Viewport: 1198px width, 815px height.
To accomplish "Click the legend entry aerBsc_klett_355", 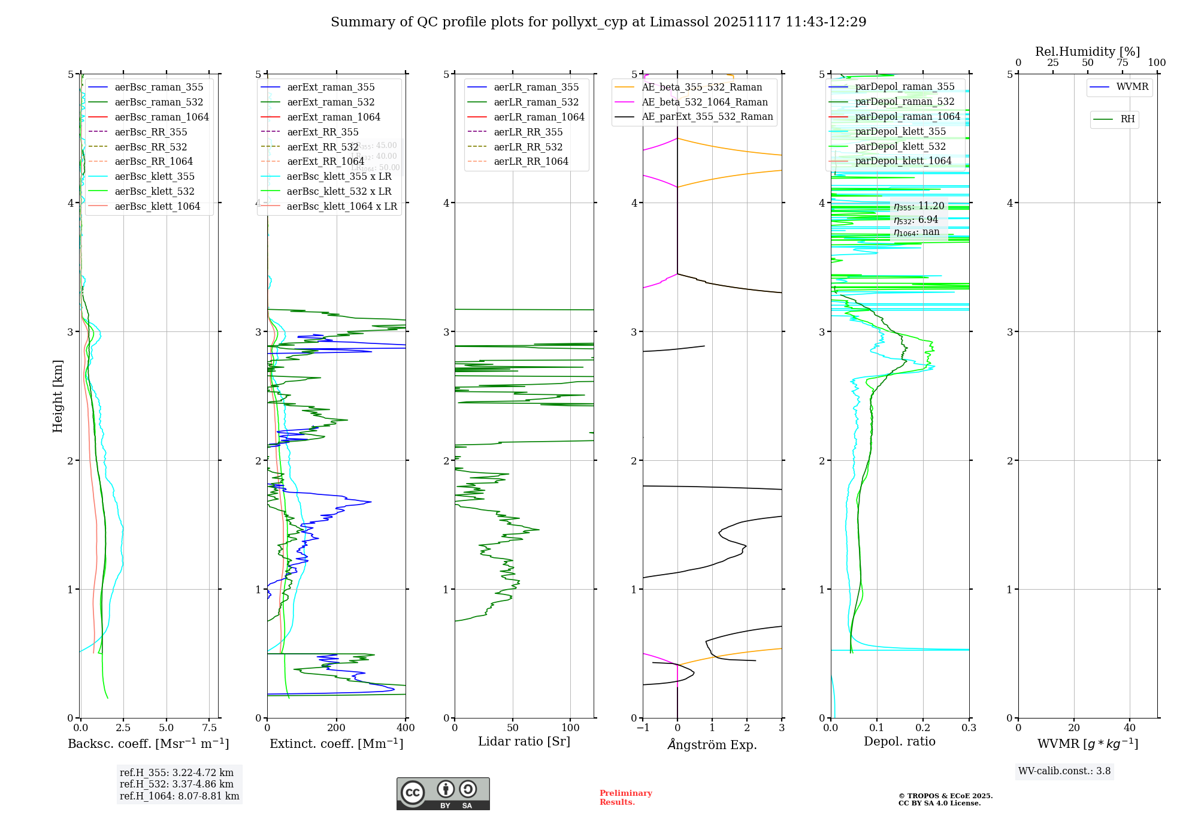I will pyautogui.click(x=154, y=176).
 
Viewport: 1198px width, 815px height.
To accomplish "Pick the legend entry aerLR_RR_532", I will pyautogui.click(x=528, y=147).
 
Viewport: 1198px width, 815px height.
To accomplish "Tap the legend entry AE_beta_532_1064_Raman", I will pyautogui.click(x=704, y=102).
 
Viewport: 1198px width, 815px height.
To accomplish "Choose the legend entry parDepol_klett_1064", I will pyautogui.click(x=903, y=161).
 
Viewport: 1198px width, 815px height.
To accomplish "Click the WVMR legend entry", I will pyautogui.click(x=1132, y=87).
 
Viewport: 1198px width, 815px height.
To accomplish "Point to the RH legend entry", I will pyautogui.click(x=1127, y=119).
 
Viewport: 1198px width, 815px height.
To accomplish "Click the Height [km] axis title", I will pyautogui.click(x=58, y=396).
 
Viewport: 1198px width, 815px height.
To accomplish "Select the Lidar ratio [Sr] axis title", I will pyautogui.click(x=524, y=741).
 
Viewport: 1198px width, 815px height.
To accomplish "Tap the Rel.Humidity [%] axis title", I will pyautogui.click(x=1087, y=52).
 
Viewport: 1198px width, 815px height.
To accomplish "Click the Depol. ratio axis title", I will pyautogui.click(x=899, y=741).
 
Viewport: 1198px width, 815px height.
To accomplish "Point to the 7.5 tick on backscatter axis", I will pyautogui.click(x=209, y=728).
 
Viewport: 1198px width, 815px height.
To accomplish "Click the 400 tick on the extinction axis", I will pyautogui.click(x=406, y=728).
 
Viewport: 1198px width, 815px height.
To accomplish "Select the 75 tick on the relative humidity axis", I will pyautogui.click(x=1122, y=63).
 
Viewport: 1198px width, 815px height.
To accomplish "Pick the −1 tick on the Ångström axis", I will pyautogui.click(x=643, y=728).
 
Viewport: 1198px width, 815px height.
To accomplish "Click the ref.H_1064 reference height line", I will pyautogui.click(x=179, y=796).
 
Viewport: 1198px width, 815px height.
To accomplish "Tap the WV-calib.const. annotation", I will pyautogui.click(x=1064, y=771).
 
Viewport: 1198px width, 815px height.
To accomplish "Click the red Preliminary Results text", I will pyautogui.click(x=625, y=797).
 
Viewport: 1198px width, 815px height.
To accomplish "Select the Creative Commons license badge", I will pyautogui.click(x=443, y=793).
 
